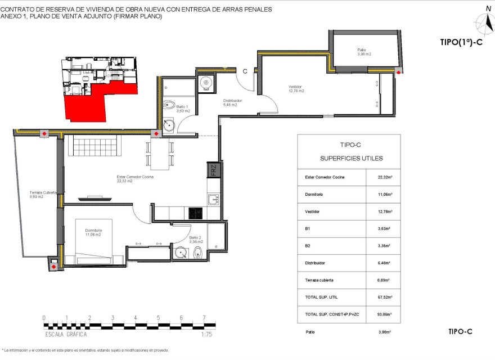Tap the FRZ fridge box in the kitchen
pyautogui.click(x=213, y=169)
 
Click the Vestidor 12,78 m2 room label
pyautogui.click(x=296, y=88)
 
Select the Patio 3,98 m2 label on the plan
pyautogui.click(x=364, y=52)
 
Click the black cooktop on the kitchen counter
pyautogui.click(x=196, y=213)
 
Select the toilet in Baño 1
pyautogui.click(x=168, y=105)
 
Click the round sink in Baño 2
pyautogui.click(x=181, y=253)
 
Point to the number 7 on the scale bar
pyautogui.click(x=204, y=318)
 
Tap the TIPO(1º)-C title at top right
pyautogui.click(x=461, y=42)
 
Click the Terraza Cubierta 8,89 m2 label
pyautogui.click(x=43, y=195)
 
